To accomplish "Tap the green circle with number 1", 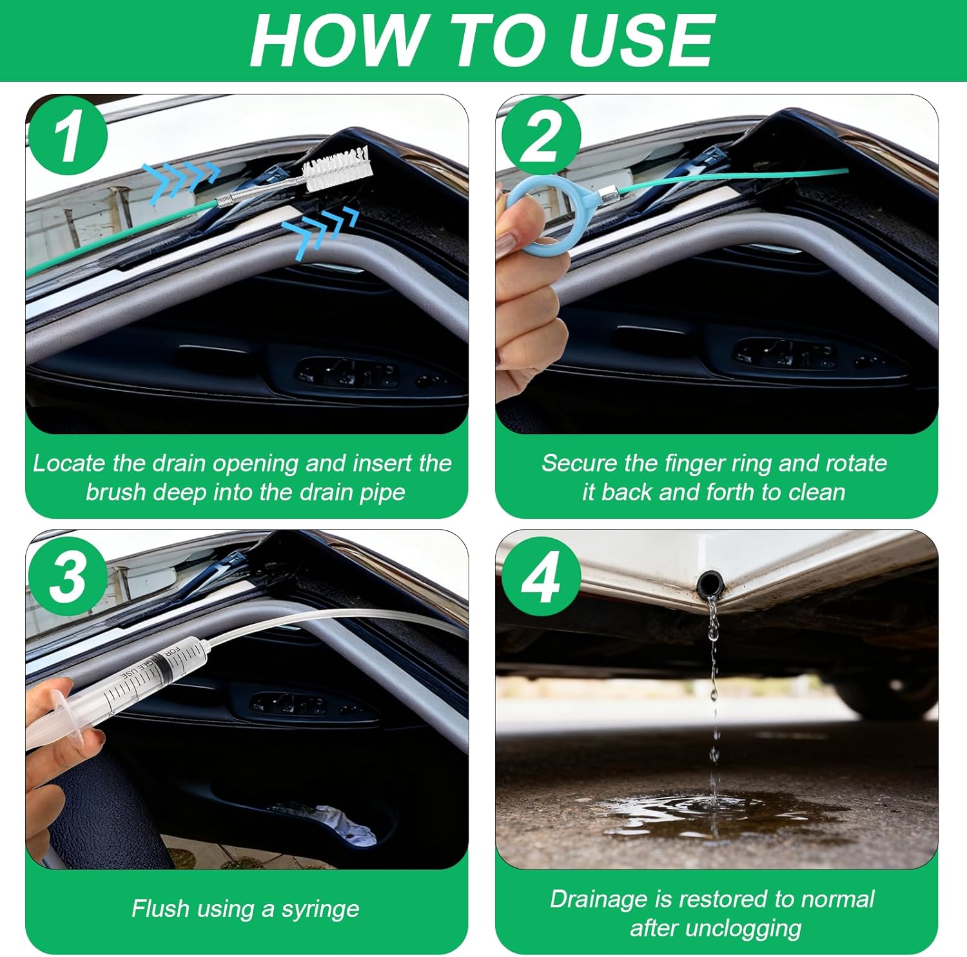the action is click(67, 135).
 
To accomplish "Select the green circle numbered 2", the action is click(540, 135).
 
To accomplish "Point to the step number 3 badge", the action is click(67, 575).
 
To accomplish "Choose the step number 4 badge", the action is click(540, 575).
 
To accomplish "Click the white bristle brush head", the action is click(338, 169).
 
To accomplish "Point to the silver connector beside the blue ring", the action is click(607, 193).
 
